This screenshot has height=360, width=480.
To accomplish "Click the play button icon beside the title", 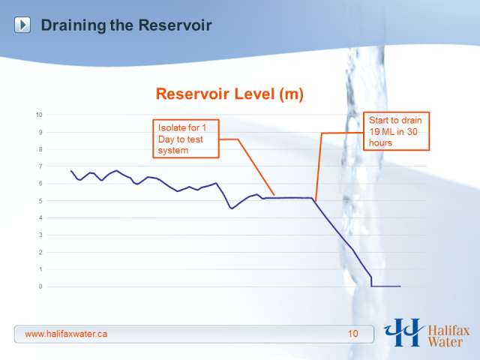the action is [x=22, y=25].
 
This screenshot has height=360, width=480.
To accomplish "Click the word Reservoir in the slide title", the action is [x=175, y=25].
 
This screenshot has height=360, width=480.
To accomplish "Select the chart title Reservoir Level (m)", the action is [x=229, y=93].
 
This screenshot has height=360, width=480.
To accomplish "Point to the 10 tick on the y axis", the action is [x=39, y=115].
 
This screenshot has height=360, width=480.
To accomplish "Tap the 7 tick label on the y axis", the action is [x=40, y=166].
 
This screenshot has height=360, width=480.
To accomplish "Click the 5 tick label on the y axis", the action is [x=40, y=201].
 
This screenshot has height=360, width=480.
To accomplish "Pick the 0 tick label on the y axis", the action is [x=40, y=286].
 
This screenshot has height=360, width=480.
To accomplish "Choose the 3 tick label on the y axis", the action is [x=40, y=235].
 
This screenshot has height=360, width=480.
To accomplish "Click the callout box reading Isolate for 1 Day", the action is [x=186, y=139].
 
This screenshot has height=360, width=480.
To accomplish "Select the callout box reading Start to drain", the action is [x=397, y=131].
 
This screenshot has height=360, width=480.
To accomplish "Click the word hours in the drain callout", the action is [x=380, y=143].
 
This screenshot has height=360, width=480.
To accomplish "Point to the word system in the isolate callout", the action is [x=173, y=151].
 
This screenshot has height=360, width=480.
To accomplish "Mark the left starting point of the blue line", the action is [x=71, y=171].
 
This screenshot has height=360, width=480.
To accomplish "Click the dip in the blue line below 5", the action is [x=232, y=208].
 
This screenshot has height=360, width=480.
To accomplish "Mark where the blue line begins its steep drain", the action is [x=313, y=198].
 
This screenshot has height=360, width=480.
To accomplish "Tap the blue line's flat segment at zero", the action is [x=385, y=286].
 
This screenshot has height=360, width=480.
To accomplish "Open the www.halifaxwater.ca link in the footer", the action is [x=66, y=334].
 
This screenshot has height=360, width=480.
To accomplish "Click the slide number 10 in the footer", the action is [x=352, y=334].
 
